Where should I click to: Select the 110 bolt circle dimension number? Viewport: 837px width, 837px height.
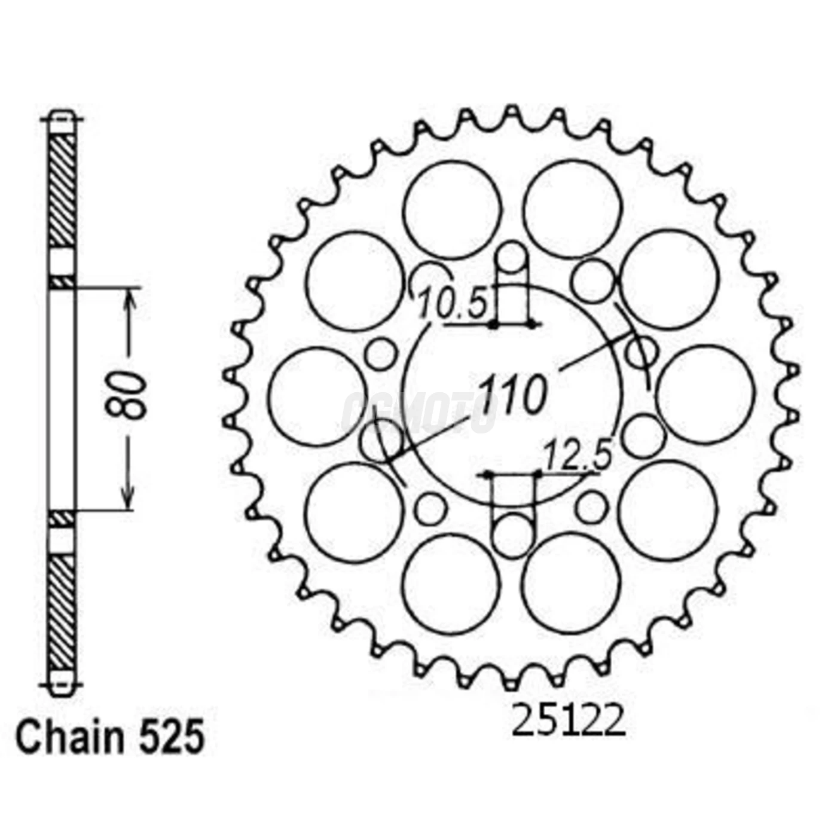coord(514,395)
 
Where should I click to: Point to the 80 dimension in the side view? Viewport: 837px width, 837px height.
coord(127,395)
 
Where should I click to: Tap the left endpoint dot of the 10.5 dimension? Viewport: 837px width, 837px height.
coord(493,325)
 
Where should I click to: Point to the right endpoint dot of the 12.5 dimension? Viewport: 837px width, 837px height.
coord(537,474)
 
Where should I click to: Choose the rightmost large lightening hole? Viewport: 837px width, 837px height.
coord(705,395)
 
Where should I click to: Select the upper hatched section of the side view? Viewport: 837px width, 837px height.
coord(62,190)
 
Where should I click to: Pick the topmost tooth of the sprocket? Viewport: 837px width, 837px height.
coord(511,112)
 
